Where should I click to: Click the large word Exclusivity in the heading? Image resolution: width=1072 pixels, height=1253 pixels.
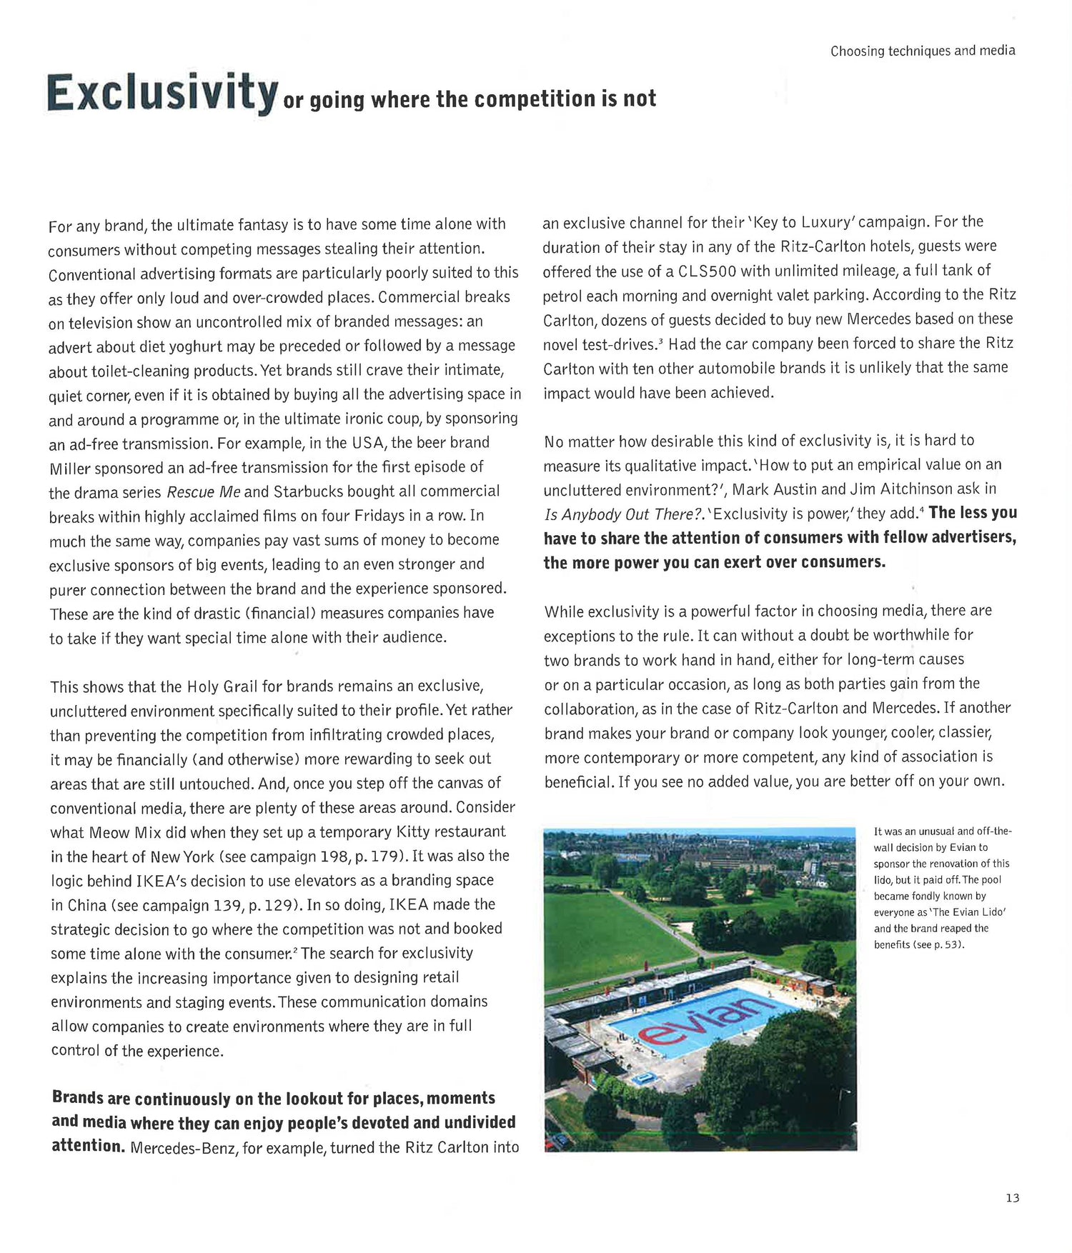tap(162, 93)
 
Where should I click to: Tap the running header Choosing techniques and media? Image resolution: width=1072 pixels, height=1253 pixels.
tap(922, 51)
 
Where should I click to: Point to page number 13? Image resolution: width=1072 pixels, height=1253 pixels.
tap(1012, 1198)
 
